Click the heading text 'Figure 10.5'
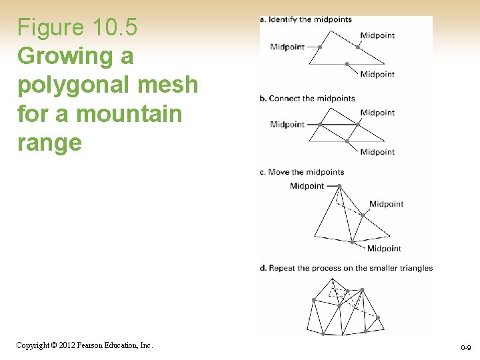(77, 27)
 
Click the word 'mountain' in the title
(129, 113)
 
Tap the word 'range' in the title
(49, 143)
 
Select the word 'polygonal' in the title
(73, 85)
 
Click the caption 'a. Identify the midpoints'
(305, 19)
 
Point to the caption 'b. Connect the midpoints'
(307, 98)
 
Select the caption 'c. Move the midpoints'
(301, 172)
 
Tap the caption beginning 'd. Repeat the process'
(346, 268)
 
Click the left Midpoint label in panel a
(287, 47)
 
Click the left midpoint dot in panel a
(320, 47)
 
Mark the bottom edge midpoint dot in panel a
(347, 64)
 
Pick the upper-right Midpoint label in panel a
(377, 35)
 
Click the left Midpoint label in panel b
(287, 125)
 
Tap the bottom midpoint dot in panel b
(347, 141)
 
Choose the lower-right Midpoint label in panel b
(377, 152)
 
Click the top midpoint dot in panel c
(339, 186)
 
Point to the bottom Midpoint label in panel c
(384, 248)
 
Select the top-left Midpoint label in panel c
(307, 186)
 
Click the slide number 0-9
(465, 347)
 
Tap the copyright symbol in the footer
(54, 345)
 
